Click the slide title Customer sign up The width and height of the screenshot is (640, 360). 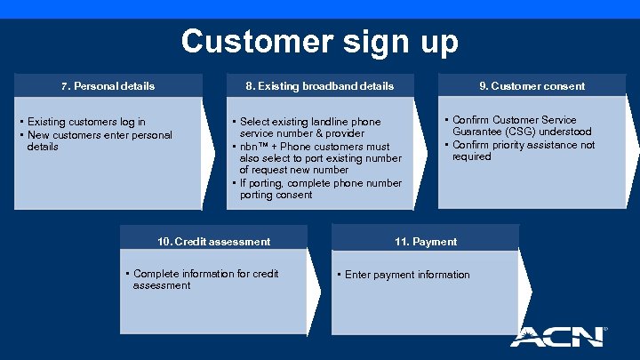pyautogui.click(x=320, y=42)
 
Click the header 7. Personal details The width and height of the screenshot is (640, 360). pyautogui.click(x=108, y=86)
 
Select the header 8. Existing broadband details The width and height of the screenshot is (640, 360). pyautogui.click(x=319, y=86)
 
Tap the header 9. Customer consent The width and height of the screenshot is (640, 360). pyautogui.click(x=532, y=86)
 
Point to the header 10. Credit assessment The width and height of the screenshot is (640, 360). pyautogui.click(x=213, y=241)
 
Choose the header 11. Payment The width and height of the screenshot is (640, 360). pyautogui.click(x=425, y=241)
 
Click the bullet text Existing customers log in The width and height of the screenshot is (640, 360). pyautogui.click(x=86, y=122)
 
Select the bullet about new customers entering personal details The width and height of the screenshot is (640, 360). pyautogui.click(x=99, y=140)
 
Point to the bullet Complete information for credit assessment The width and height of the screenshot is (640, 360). pyautogui.click(x=204, y=279)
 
